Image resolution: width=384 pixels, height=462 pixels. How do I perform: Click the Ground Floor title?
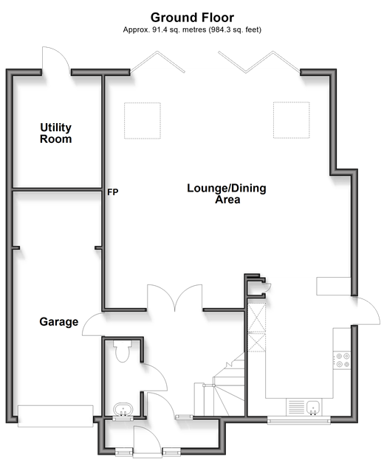click(x=192, y=18)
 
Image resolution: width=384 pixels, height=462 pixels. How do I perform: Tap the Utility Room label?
click(x=56, y=133)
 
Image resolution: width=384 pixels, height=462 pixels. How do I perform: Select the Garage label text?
click(x=59, y=322)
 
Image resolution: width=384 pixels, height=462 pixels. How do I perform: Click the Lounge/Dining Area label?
click(x=227, y=194)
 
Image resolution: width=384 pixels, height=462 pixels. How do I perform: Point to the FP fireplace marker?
click(x=113, y=192)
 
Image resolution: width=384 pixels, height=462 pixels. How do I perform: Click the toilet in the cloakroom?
click(x=123, y=351)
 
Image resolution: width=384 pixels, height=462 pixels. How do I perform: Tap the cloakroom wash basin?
click(x=123, y=410)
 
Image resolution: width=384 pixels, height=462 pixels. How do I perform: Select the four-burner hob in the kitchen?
click(x=343, y=360)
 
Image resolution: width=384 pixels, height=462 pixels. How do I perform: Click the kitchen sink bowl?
click(x=313, y=407)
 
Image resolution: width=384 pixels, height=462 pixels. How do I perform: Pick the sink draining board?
click(x=296, y=407)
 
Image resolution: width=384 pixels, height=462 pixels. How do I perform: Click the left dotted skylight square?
click(x=143, y=121)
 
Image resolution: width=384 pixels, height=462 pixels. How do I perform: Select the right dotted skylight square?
click(x=292, y=120)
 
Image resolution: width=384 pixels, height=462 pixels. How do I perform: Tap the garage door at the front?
click(x=55, y=416)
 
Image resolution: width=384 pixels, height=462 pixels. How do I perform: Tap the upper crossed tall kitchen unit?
click(x=257, y=317)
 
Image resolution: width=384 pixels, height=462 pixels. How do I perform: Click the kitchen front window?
click(x=299, y=421)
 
